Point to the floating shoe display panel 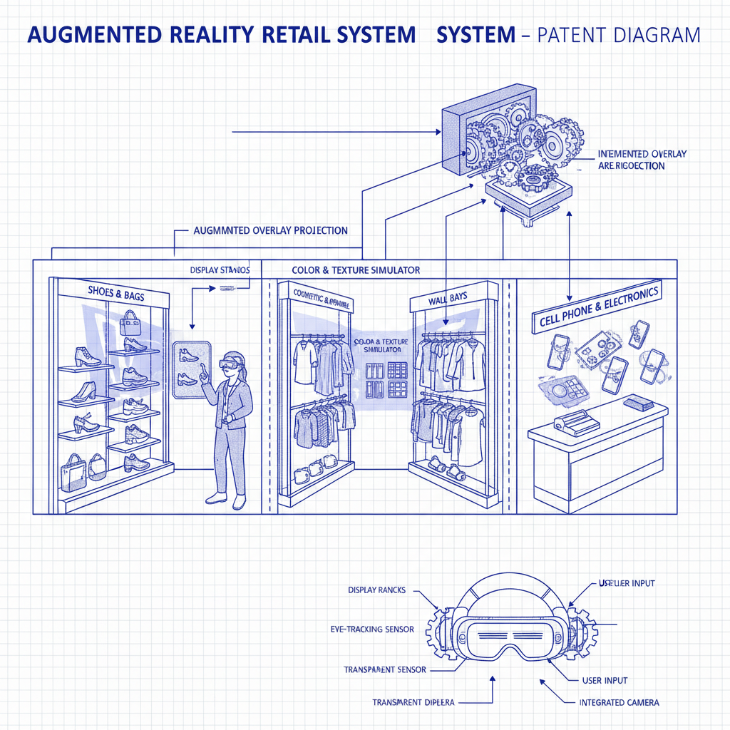point(192,364)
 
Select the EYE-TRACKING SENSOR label point(373,630)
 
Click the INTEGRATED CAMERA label point(619,702)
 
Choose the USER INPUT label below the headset point(605,681)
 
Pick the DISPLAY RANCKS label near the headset point(377,590)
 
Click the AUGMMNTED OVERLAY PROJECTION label point(271,231)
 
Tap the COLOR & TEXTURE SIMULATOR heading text point(356,270)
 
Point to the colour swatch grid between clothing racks point(386,379)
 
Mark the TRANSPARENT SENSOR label point(385,670)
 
